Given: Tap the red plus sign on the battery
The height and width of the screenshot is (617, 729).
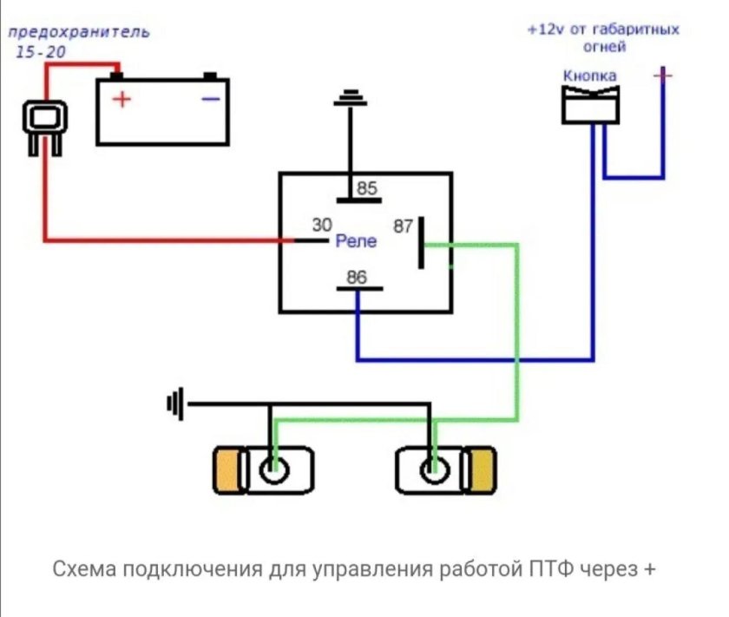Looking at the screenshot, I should click(x=121, y=99).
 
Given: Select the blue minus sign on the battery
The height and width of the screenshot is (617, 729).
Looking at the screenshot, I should click(x=210, y=99).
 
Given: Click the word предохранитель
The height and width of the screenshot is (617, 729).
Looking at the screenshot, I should click(x=79, y=33).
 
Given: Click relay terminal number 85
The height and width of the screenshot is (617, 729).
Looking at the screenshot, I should click(x=367, y=188).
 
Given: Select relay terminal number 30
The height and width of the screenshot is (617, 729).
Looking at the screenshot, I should click(x=322, y=225).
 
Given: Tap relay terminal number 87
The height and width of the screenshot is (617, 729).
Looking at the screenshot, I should click(x=403, y=226).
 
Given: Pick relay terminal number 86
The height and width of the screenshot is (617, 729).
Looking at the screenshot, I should click(x=356, y=278).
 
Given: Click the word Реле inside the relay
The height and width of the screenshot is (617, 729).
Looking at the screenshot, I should click(x=356, y=241).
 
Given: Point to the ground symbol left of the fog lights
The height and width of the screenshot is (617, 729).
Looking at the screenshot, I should click(x=176, y=404).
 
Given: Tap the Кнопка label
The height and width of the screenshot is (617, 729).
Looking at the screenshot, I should click(x=590, y=75).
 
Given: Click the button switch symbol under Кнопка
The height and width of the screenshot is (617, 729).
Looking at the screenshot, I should click(x=590, y=104).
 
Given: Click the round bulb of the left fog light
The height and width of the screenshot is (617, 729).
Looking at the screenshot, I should click(x=274, y=472).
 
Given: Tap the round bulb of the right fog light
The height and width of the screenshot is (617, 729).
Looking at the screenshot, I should click(x=431, y=472).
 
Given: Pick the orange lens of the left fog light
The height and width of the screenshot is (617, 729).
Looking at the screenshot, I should click(x=229, y=471).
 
